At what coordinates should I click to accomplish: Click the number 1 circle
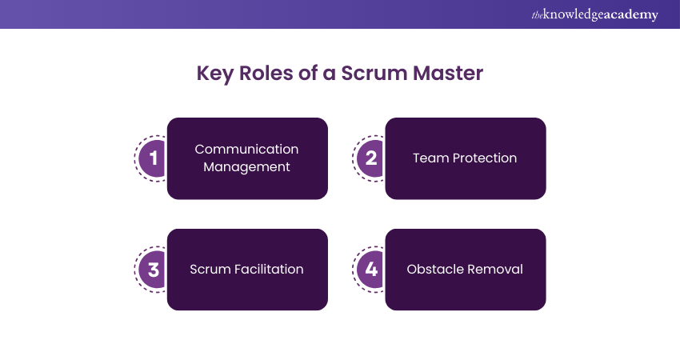[x=153, y=158]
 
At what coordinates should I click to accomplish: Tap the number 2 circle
[x=371, y=158]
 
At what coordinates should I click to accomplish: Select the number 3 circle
[x=153, y=270]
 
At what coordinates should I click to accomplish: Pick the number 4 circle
[x=371, y=270]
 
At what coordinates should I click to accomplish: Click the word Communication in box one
[x=246, y=150]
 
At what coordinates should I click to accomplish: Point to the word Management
[x=246, y=167]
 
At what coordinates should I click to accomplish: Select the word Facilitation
[x=266, y=270]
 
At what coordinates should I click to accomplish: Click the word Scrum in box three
[x=209, y=270]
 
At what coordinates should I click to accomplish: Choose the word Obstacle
[x=435, y=270]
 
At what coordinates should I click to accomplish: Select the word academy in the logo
[x=631, y=14]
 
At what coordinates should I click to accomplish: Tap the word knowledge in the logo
[x=573, y=14]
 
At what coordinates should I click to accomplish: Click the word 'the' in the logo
[x=537, y=14]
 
